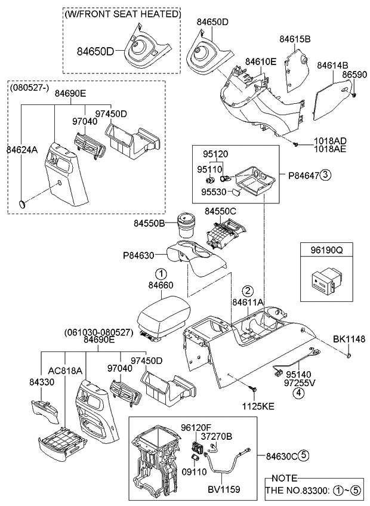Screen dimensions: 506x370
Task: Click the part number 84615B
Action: pyautogui.click(x=295, y=39)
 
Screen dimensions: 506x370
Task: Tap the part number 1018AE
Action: pyautogui.click(x=330, y=149)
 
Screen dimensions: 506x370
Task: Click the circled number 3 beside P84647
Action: pyautogui.click(x=325, y=175)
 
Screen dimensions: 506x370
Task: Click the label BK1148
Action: pyautogui.click(x=349, y=339)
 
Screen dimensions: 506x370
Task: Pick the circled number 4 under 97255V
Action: pyautogui.click(x=297, y=393)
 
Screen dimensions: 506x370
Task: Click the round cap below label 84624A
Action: pyautogui.click(x=23, y=203)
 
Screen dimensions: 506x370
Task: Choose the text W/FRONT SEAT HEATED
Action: pyautogui.click(x=122, y=13)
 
